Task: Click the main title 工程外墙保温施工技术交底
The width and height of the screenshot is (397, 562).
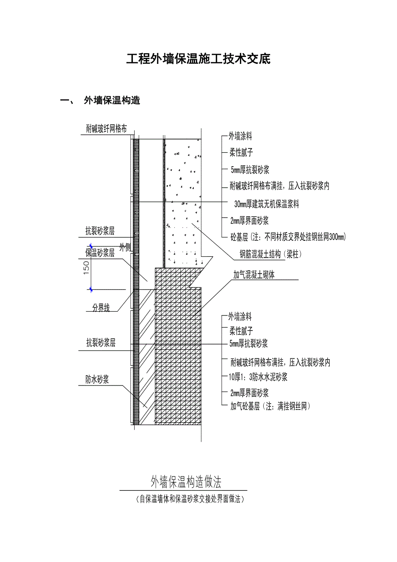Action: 198,59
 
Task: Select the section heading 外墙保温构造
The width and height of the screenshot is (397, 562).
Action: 112,101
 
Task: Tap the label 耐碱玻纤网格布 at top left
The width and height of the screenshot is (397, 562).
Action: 107,129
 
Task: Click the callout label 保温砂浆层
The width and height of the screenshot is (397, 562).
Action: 100,253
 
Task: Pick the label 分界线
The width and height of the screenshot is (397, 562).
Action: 101,308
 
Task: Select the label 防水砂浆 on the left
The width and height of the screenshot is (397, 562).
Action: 97,379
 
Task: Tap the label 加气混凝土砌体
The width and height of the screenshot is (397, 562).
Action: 254,275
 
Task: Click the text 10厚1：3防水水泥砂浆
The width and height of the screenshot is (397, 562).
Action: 258,377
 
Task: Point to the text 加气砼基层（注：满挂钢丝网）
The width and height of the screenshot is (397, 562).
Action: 270,406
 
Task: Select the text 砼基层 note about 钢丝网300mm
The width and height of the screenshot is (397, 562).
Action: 288,237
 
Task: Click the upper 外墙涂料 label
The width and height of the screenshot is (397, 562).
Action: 240,137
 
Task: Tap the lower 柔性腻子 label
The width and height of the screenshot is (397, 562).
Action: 241,331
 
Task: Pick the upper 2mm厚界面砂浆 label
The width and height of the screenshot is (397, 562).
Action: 249,221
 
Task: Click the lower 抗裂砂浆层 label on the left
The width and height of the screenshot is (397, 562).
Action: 101,343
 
